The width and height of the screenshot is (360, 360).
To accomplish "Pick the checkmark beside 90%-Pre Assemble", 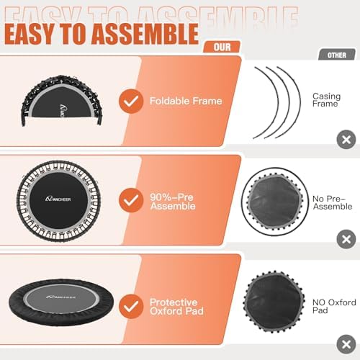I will (130, 199).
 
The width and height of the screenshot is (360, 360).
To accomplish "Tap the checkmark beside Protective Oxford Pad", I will (130, 306).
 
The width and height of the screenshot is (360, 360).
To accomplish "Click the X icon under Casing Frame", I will (346, 140).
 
